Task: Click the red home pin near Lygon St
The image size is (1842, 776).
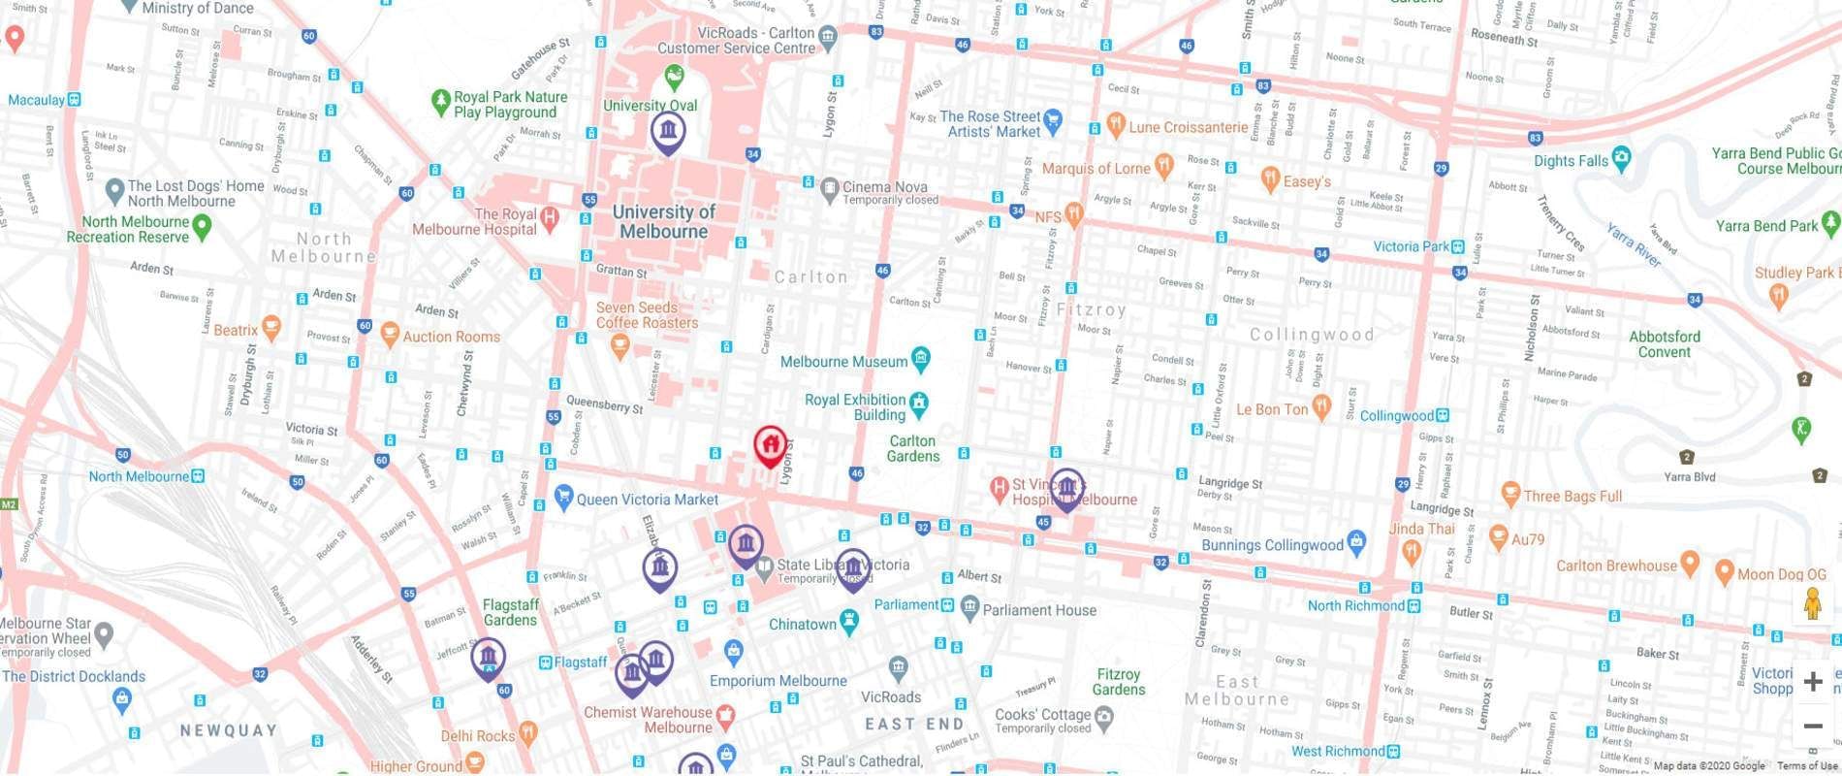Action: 770,446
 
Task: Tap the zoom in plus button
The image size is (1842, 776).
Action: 1813,682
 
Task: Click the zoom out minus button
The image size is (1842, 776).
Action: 1813,726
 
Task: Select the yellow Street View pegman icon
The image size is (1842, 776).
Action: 1813,604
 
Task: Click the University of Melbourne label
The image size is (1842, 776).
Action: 664,222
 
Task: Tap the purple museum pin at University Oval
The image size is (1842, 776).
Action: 668,130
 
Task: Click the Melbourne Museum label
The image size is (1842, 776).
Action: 843,362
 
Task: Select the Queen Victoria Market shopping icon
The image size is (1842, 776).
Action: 563,498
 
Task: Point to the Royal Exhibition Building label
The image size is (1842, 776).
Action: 855,407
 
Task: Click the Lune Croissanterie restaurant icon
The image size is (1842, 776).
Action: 1116,125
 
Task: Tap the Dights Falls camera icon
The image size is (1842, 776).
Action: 1622,159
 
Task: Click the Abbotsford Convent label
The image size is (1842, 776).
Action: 1664,344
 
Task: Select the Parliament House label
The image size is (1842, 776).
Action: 1039,610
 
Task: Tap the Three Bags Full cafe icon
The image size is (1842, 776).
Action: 1509,494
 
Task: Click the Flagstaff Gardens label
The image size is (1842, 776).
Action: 510,612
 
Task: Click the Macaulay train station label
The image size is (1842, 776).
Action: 36,100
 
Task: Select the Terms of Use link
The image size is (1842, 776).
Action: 1807,766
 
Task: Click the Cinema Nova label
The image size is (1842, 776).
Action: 884,187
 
